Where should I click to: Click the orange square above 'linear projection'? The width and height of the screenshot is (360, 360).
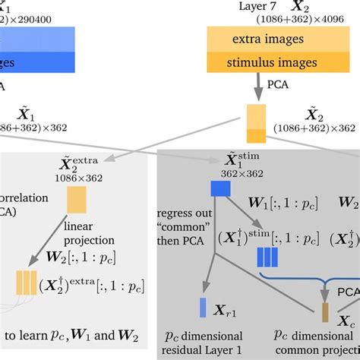77,200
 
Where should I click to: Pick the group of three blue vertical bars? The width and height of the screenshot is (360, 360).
267,257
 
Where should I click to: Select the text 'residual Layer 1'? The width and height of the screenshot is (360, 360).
205,351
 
